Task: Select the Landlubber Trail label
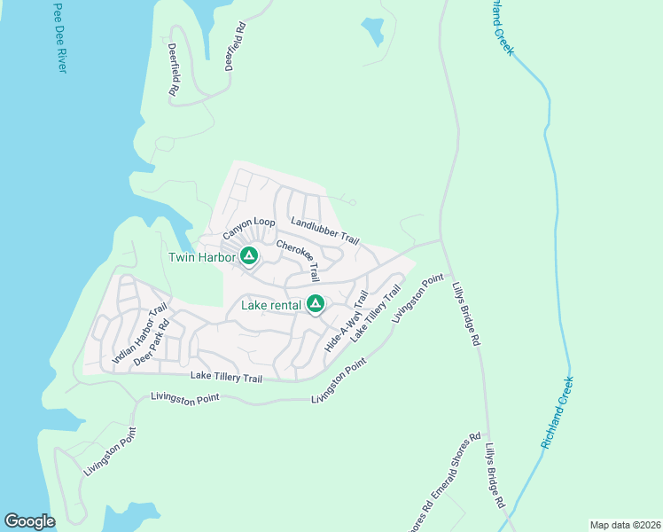click(x=324, y=233)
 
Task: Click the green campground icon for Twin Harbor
click(x=249, y=257)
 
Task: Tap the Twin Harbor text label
click(x=203, y=258)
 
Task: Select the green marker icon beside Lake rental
click(x=315, y=306)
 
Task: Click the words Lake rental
click(x=271, y=307)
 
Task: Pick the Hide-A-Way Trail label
click(x=347, y=321)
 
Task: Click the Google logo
click(x=29, y=521)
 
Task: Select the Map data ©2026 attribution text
click(x=624, y=525)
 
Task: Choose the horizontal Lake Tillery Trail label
click(x=227, y=378)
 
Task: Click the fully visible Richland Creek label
click(x=558, y=412)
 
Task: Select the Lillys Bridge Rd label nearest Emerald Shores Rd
click(x=495, y=476)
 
